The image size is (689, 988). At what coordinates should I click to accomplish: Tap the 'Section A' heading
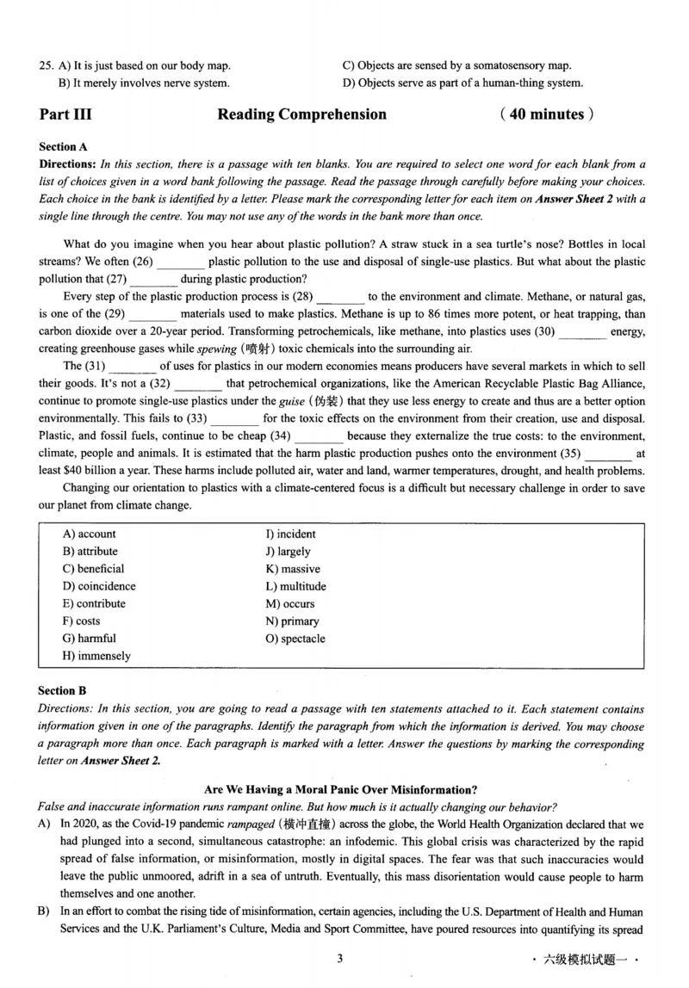63,147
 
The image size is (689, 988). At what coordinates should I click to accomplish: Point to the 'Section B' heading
63,690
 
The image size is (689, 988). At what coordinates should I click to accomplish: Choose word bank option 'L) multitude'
295,586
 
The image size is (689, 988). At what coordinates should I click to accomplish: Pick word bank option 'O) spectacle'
295,639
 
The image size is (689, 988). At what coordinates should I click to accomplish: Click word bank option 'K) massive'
293,569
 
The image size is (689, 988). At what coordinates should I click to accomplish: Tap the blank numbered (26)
181,262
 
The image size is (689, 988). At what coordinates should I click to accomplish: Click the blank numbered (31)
133,367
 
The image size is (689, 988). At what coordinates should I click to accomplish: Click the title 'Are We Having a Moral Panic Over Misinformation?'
341,789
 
